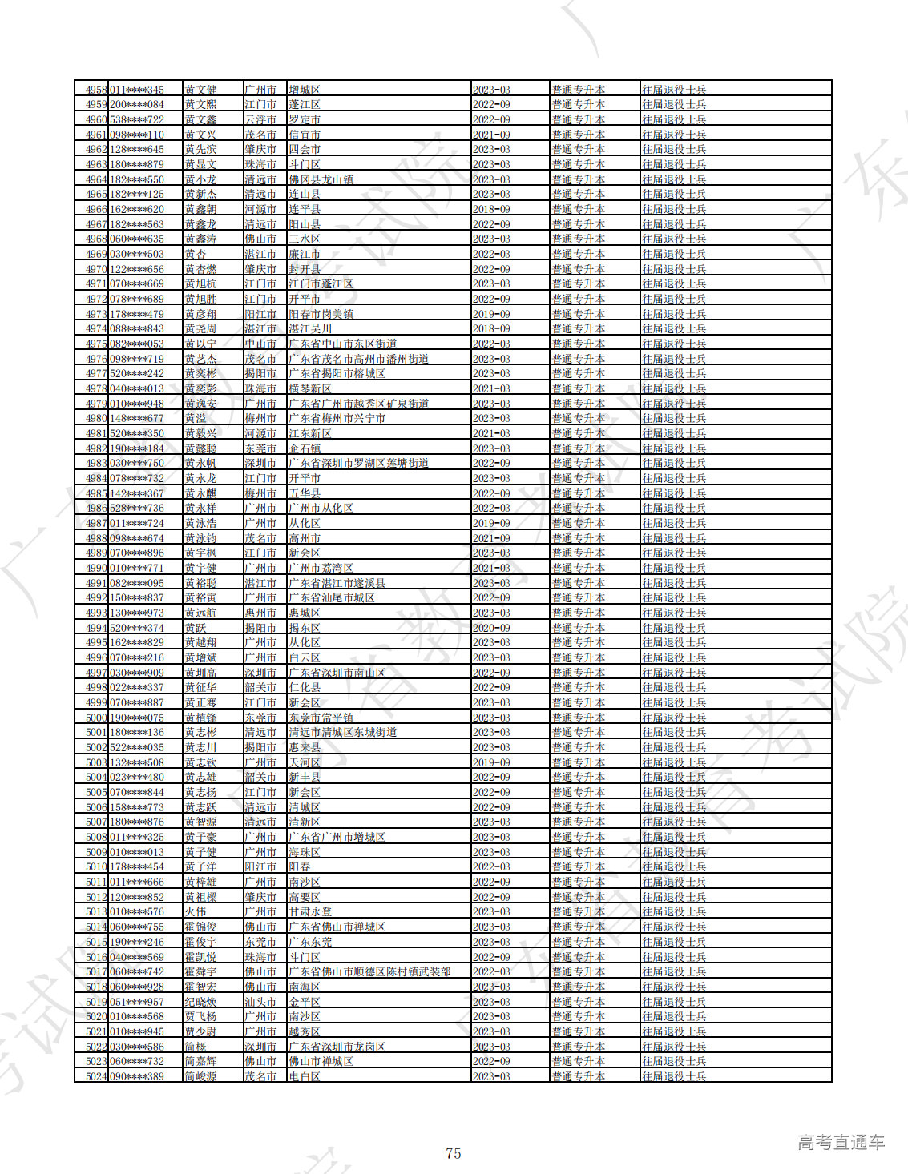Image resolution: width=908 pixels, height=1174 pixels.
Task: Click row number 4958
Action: (x=96, y=90)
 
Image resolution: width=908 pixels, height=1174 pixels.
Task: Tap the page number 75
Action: (x=454, y=1153)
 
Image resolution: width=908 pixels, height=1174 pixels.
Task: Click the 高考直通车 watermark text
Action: (x=841, y=1142)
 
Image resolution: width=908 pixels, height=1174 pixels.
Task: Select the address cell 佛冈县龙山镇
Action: (x=321, y=179)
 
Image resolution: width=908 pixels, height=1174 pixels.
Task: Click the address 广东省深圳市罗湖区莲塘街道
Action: (x=358, y=463)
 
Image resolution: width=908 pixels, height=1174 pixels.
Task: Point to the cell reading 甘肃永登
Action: (x=310, y=911)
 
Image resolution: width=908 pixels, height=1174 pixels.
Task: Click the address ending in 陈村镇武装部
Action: (x=369, y=971)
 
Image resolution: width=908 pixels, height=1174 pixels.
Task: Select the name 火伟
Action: (x=196, y=911)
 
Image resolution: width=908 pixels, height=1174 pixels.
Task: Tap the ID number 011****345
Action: (x=137, y=90)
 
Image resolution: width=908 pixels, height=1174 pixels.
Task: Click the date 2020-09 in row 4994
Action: (x=491, y=628)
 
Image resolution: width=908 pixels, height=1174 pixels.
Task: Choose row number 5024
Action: (x=96, y=1076)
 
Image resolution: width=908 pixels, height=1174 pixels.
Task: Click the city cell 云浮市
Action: (x=260, y=119)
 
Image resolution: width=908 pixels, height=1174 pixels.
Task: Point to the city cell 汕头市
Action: (x=260, y=1002)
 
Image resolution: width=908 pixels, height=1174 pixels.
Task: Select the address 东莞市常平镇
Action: (x=321, y=718)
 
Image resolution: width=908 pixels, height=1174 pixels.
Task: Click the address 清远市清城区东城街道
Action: (x=342, y=732)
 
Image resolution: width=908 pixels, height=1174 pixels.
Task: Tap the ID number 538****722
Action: (x=137, y=119)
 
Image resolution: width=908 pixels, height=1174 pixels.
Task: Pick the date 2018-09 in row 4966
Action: (x=491, y=209)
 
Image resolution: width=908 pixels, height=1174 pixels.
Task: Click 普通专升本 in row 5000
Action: (x=578, y=718)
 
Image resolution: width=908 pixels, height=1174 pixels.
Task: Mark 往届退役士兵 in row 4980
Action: (x=674, y=418)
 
